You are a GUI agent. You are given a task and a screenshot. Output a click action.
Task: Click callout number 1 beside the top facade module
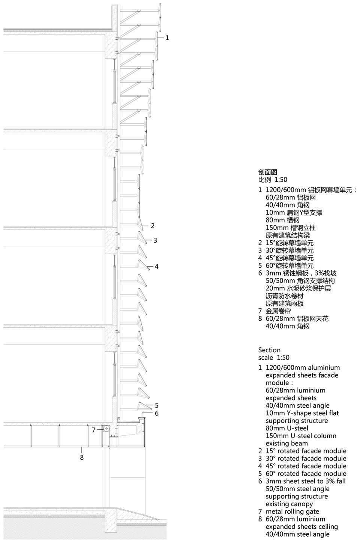(x=167, y=38)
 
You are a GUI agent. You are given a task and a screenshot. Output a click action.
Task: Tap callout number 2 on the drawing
(x=153, y=226)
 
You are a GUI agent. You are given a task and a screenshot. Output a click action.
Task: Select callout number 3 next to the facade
(x=155, y=240)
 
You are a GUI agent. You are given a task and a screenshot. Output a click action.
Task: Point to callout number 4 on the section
(x=157, y=266)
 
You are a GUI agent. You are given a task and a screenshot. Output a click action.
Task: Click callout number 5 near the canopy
(x=157, y=405)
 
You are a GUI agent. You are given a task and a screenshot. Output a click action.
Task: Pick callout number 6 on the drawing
(x=157, y=413)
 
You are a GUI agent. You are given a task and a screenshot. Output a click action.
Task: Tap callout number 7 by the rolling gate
(x=94, y=430)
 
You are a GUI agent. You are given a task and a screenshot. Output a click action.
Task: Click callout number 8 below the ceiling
(x=82, y=457)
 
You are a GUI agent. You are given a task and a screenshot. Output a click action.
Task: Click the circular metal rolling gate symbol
(x=106, y=429)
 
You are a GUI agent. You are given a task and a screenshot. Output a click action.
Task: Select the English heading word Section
(x=269, y=350)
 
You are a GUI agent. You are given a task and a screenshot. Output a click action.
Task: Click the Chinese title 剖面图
(x=267, y=172)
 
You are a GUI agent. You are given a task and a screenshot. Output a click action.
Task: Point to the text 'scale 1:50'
(x=274, y=357)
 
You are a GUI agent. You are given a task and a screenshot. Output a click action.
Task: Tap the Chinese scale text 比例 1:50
(x=273, y=180)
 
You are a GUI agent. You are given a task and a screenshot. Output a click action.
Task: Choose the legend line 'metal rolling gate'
(x=292, y=511)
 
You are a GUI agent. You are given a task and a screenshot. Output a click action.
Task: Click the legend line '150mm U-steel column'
(x=301, y=436)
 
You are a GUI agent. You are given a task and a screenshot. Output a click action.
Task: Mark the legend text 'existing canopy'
(x=289, y=504)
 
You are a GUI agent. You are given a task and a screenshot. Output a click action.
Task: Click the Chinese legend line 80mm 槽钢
(x=282, y=220)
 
